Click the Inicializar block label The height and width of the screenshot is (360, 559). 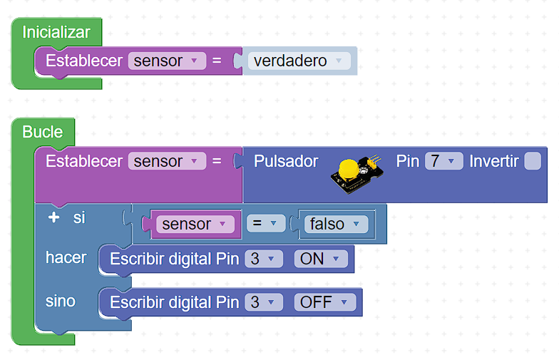(56, 32)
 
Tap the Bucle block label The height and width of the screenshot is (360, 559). (43, 132)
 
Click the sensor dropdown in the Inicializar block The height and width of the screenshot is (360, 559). (167, 61)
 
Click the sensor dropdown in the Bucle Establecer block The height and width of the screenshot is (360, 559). (167, 161)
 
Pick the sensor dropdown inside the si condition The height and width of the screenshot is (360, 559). (195, 224)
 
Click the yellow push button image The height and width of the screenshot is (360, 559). (349, 171)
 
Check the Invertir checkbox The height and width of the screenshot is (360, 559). (533, 161)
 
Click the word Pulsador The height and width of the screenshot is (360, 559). (286, 161)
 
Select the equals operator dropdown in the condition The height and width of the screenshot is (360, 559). (265, 224)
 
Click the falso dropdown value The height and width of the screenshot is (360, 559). (334, 224)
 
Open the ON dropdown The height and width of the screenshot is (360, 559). (321, 259)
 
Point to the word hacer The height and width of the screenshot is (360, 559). (66, 257)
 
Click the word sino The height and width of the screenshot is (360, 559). (61, 301)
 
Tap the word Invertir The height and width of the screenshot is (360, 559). (494, 161)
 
